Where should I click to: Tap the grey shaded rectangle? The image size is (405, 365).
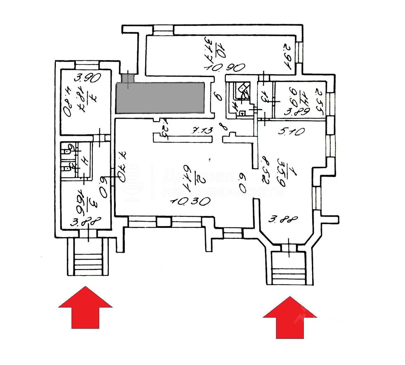[160, 98]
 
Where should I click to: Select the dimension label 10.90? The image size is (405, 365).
[225, 67]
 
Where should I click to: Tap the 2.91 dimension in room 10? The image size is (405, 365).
[288, 57]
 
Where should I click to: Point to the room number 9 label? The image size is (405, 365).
[218, 97]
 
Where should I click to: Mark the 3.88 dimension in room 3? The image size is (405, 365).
[85, 222]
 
